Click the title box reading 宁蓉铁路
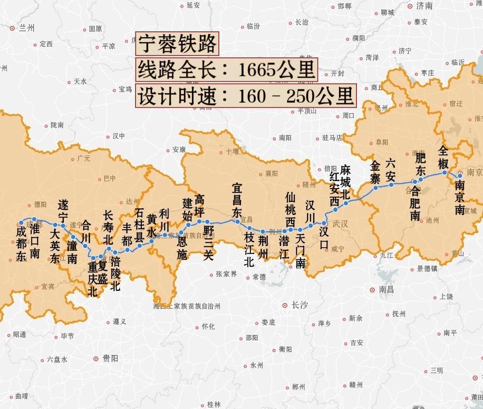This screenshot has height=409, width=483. (177, 44)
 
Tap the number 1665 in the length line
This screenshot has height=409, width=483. (256, 70)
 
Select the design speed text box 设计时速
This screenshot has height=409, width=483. (246, 96)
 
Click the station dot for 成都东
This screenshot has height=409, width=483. (21, 223)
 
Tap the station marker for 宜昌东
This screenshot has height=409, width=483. (237, 221)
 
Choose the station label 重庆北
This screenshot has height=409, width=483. (93, 279)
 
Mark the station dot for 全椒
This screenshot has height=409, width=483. (445, 172)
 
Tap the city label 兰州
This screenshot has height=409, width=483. (27, 28)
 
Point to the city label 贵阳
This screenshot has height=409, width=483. (110, 358)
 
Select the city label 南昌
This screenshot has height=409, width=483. (386, 290)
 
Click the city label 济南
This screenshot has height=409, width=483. (424, 6)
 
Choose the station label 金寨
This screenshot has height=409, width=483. (375, 172)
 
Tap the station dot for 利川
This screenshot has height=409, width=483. (165, 235)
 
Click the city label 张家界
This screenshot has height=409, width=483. (226, 274)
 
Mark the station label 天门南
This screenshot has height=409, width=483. (300, 251)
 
